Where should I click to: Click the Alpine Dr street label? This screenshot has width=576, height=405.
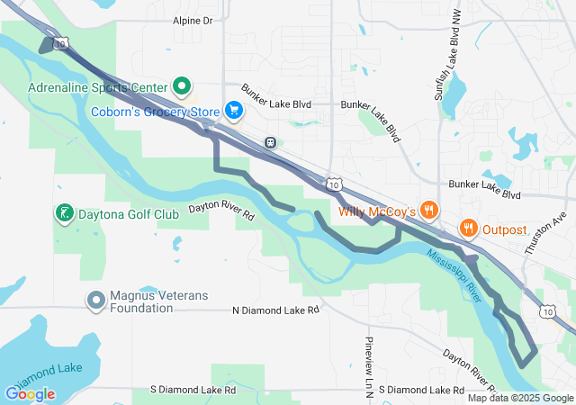point(192,20)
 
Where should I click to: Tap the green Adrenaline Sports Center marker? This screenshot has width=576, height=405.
point(181,87)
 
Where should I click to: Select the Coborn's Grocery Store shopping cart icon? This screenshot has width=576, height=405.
point(233,111)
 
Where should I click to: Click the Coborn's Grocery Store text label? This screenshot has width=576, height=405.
point(156,112)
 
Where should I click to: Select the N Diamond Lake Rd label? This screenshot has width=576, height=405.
point(275,310)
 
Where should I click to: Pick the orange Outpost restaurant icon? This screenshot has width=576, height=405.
point(468,229)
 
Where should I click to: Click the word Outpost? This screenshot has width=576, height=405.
point(505,229)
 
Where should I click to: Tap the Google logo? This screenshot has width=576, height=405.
point(30,394)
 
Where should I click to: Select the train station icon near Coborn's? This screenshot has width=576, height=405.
point(270,142)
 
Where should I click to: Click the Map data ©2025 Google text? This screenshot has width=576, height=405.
point(519,398)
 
